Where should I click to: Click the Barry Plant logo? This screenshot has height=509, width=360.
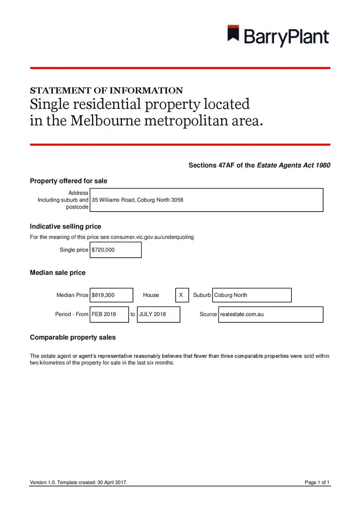point(278,36)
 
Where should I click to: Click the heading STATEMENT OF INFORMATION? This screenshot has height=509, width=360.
point(106,90)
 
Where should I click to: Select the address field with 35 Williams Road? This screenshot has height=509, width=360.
point(206,200)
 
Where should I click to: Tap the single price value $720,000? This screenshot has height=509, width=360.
point(116,250)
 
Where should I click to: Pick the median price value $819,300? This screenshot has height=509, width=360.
point(111,295)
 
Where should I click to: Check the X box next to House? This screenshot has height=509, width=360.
point(181,295)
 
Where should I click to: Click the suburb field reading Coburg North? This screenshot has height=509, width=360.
point(252,295)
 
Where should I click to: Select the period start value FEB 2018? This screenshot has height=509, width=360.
point(109,314)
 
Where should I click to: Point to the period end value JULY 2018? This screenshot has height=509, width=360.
point(158,314)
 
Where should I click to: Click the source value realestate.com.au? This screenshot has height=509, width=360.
point(270,314)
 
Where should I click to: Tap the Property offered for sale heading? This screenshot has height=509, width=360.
point(69,181)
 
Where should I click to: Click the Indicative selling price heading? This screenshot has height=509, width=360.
point(65,226)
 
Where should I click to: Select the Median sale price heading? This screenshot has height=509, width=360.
point(58,272)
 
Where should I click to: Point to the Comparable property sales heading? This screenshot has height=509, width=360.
point(72,337)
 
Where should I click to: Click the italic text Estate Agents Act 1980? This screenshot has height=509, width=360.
point(293,166)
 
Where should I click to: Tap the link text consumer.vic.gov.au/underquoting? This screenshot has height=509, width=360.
point(152,237)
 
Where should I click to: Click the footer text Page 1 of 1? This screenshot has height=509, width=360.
point(317,482)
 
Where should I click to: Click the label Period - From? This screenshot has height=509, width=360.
point(72,314)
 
